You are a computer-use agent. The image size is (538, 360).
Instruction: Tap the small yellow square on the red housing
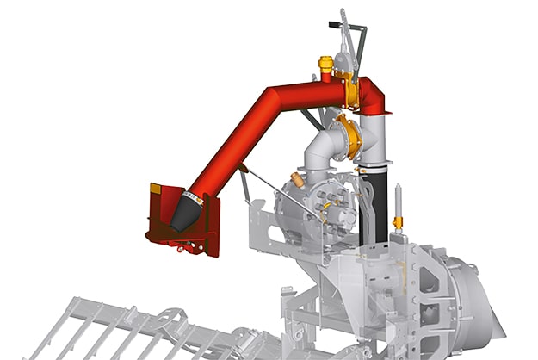tap(156, 189)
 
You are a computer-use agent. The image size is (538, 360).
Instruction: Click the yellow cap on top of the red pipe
tap(325, 63)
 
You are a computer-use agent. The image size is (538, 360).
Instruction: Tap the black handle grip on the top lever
tap(343, 16)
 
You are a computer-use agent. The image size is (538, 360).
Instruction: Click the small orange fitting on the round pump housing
tap(298, 180)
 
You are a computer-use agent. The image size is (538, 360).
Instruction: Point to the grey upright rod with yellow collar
tap(398, 211)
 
